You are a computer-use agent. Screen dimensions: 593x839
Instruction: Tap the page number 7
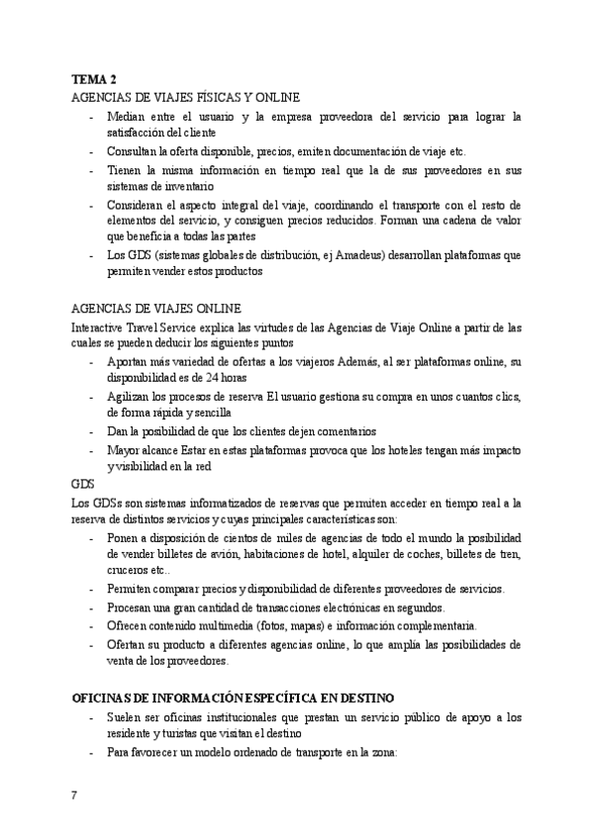(74, 796)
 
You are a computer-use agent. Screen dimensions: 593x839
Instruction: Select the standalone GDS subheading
(82, 485)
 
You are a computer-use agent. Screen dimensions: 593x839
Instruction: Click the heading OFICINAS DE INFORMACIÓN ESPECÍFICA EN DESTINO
(234, 698)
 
